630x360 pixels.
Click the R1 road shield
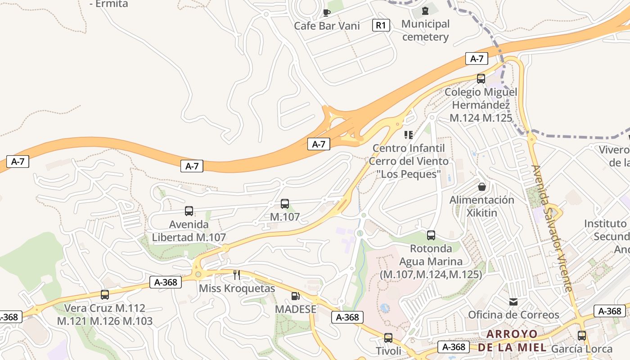(381, 25)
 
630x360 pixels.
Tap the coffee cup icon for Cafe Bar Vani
(327, 12)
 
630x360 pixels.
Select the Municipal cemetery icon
(425, 10)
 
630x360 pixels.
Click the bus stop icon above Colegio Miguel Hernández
(481, 79)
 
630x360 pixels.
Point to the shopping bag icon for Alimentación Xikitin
(482, 186)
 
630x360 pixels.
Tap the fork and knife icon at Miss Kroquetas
(237, 274)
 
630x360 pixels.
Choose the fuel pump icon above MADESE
(296, 296)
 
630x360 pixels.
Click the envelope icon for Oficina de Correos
(513, 301)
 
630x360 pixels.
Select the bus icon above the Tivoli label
(388, 337)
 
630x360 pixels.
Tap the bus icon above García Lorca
(582, 335)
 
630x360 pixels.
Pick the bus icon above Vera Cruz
(105, 295)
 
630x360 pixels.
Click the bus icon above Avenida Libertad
(189, 211)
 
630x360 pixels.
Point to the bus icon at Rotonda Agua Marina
(431, 235)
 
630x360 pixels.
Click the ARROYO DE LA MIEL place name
(512, 341)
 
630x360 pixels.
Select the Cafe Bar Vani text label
(327, 26)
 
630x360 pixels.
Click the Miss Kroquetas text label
(237, 288)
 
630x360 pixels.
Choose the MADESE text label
(296, 309)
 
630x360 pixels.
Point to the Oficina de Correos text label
(513, 315)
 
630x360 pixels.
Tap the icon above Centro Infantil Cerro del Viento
(409, 135)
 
